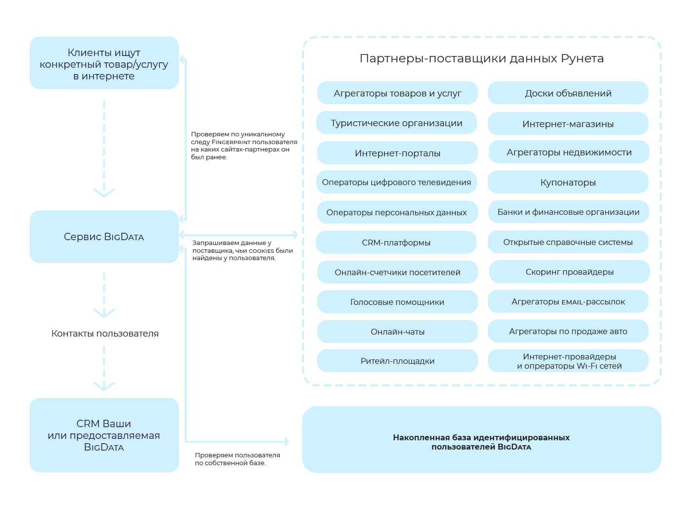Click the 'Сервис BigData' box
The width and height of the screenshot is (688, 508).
(104, 237)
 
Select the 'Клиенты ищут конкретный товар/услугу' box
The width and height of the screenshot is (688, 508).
(104, 63)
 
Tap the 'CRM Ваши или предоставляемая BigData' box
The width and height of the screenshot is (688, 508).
(104, 435)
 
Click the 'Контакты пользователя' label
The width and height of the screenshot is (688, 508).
(105, 334)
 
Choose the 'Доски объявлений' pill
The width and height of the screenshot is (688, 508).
(568, 93)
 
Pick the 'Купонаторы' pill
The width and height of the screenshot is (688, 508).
(568, 182)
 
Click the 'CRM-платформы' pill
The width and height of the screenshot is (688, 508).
(396, 243)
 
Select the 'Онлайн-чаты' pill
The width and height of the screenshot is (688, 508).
(397, 332)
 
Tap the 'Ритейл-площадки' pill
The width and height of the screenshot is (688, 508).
(397, 361)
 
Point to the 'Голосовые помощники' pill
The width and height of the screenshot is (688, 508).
(397, 302)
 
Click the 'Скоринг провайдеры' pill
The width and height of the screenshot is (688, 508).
(569, 272)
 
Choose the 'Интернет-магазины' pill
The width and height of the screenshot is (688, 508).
(568, 124)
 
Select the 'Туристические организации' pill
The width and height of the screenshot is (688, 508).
(396, 123)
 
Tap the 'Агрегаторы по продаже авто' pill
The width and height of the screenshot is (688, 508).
(568, 331)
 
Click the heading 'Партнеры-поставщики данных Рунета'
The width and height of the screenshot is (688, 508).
(481, 58)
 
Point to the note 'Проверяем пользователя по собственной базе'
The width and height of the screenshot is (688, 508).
(237, 459)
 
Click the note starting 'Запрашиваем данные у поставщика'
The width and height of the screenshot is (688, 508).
(242, 250)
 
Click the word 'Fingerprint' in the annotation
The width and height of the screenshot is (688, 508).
(230, 142)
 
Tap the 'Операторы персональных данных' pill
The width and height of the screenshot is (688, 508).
(396, 212)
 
